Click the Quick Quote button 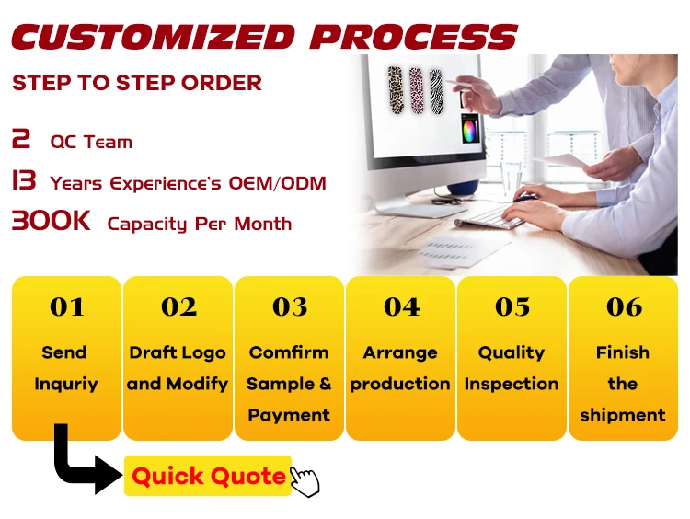(208, 476)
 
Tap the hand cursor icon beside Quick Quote (305, 481)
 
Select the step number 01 (67, 306)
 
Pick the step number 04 (401, 306)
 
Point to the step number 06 (624, 306)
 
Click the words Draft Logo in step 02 (178, 353)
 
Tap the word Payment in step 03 (289, 415)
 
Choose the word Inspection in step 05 (512, 385)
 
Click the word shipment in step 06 (623, 415)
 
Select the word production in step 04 (400, 385)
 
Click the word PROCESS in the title (414, 37)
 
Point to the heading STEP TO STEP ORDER (137, 83)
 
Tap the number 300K (51, 221)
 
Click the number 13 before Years (24, 180)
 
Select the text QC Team (91, 142)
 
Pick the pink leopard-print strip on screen (416, 91)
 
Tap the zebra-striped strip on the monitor (436, 92)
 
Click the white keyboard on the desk (489, 217)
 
